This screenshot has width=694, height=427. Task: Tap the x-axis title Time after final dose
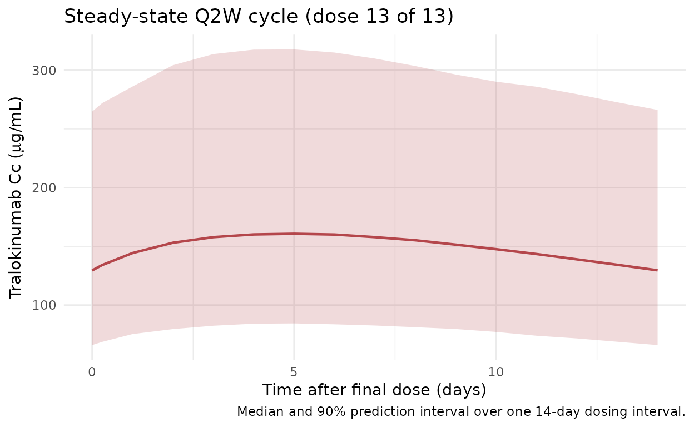[x=374, y=390]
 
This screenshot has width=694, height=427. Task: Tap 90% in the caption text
[x=317, y=412]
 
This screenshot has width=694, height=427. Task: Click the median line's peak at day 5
[x=294, y=234]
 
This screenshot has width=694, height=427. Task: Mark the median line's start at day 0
[x=93, y=270]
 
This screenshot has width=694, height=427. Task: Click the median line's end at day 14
[x=657, y=270]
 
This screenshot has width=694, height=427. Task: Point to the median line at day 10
[x=496, y=249]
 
